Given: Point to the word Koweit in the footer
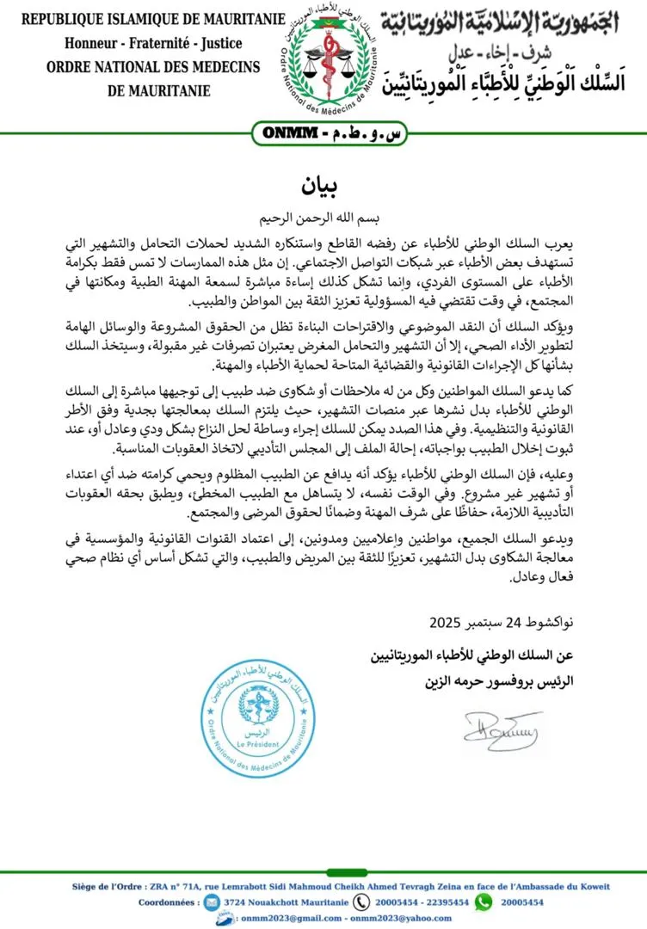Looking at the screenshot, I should point(591,886).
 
